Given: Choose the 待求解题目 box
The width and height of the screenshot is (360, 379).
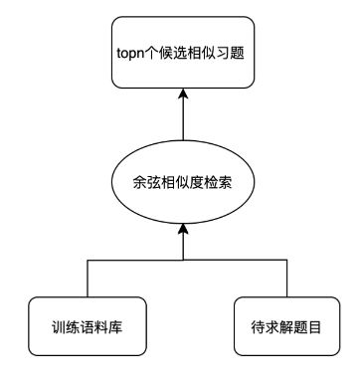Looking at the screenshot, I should pos(279,324).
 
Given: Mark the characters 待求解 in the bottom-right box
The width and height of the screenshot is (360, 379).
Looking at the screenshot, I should pos(266,324).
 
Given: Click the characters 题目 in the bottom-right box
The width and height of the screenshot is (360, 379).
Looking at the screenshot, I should pos(301,324).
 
